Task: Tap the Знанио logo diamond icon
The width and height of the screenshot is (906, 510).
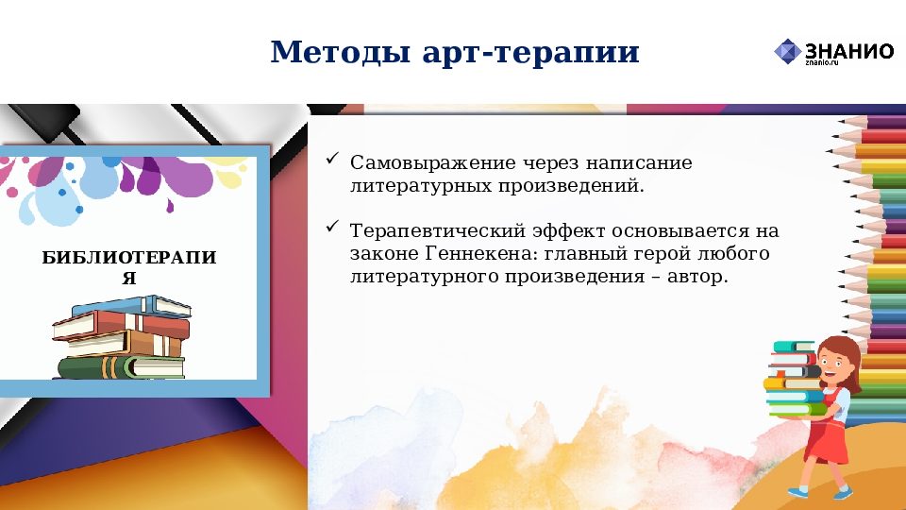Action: [x=787, y=52]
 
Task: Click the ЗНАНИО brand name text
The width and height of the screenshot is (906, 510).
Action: [x=848, y=50]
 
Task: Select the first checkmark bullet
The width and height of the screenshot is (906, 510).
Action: [x=331, y=161]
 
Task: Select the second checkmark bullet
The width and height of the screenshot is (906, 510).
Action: [x=331, y=228]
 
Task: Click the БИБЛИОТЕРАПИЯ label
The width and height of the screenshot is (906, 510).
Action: [x=129, y=265]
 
